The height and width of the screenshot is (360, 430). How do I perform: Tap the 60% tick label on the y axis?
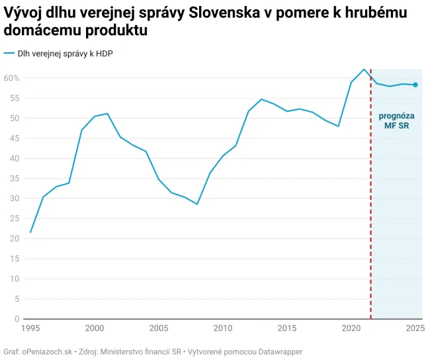[x=12, y=78]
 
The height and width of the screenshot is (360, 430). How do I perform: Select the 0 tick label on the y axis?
[x=17, y=319]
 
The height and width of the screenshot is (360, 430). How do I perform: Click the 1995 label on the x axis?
[x=30, y=328]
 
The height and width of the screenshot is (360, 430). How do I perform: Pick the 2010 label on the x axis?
[x=223, y=328]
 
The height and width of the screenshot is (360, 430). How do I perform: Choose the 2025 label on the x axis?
[x=415, y=328]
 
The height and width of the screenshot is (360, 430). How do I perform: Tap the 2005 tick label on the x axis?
[x=159, y=328]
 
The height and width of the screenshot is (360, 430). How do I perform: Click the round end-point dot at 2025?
[x=415, y=85]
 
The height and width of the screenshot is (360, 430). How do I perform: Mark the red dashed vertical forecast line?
[x=370, y=199]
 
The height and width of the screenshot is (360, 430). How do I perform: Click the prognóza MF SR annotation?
[x=396, y=120]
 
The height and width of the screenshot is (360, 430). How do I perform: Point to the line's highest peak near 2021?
[x=364, y=69]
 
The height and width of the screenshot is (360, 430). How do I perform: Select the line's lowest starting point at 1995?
[x=30, y=232]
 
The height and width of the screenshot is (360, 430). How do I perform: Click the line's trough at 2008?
[x=197, y=204]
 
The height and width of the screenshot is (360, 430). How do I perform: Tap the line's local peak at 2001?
[x=107, y=114]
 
